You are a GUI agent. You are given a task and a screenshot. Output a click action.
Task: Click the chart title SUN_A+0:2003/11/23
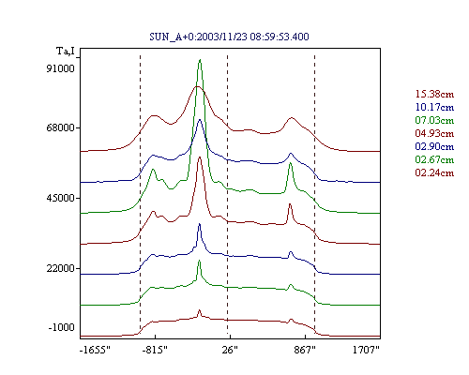pyautogui.click(x=199, y=37)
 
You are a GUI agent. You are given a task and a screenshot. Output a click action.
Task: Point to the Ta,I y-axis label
pyautogui.click(x=66, y=51)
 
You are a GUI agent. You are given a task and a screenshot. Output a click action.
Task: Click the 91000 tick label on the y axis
pyautogui.click(x=61, y=68)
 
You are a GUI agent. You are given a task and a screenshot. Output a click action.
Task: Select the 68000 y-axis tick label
pyautogui.click(x=61, y=128)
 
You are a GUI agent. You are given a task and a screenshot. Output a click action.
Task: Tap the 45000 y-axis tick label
pyautogui.click(x=61, y=198)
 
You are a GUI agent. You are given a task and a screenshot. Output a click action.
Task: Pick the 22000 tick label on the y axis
pyautogui.click(x=61, y=268)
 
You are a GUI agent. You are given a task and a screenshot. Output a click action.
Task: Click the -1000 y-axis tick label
pyautogui.click(x=62, y=327)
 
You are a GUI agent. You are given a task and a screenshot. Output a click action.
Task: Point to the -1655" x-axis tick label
pyautogui.click(x=95, y=350)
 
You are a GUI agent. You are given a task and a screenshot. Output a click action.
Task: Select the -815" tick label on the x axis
pyautogui.click(x=155, y=350)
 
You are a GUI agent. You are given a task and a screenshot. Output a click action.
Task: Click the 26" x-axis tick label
pyautogui.click(x=230, y=350)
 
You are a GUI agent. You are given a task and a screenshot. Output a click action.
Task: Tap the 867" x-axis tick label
pyautogui.click(x=305, y=350)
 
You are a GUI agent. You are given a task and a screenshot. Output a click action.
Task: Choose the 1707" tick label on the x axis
pyautogui.click(x=366, y=350)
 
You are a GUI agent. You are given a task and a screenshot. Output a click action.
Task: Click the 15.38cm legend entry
pyautogui.click(x=434, y=94)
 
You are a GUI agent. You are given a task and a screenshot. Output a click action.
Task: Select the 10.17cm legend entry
pyautogui.click(x=434, y=107)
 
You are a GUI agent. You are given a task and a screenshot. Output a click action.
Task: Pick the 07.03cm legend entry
pyautogui.click(x=434, y=120)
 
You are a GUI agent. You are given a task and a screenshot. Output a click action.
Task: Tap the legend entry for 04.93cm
pyautogui.click(x=434, y=133)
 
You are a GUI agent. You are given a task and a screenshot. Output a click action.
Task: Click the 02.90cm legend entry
pyautogui.click(x=434, y=146)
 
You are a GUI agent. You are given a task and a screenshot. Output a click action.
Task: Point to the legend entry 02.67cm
pyautogui.click(x=434, y=159)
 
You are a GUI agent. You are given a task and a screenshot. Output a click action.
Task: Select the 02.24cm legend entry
pyautogui.click(x=434, y=172)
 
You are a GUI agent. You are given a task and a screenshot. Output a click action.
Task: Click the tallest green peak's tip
pyautogui.click(x=200, y=59)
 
